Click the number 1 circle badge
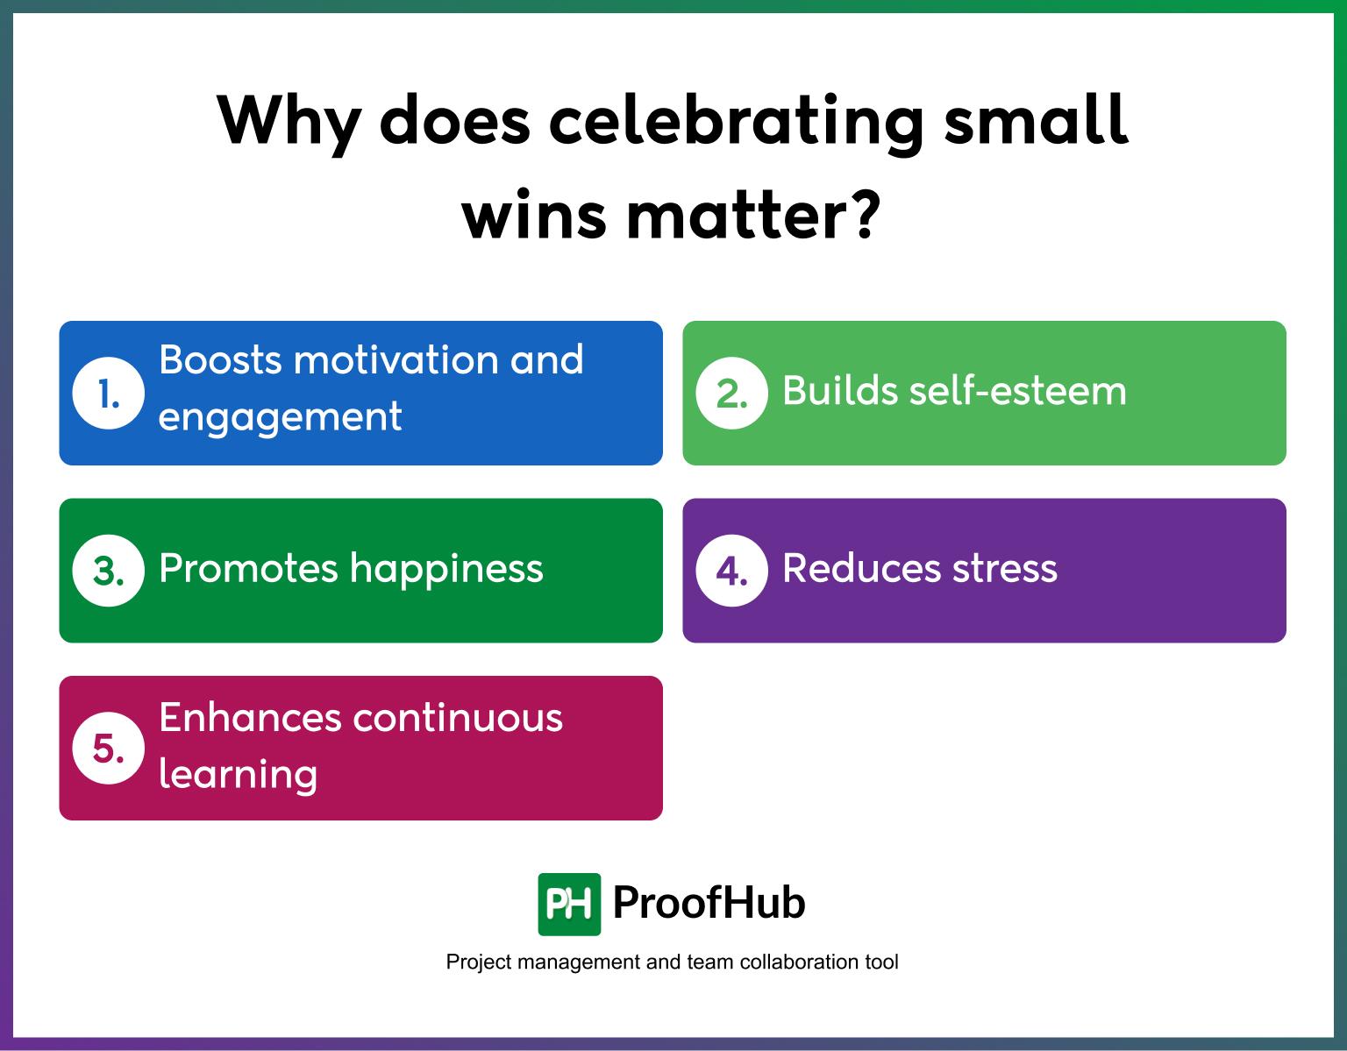(108, 394)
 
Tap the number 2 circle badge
(731, 394)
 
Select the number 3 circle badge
(108, 571)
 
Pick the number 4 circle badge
(731, 571)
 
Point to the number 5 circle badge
(108, 749)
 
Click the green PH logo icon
(569, 904)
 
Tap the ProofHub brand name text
(709, 903)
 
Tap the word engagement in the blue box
(280, 416)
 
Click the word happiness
(446, 568)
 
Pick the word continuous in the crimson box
(457, 717)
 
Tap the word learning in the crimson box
(238, 774)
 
